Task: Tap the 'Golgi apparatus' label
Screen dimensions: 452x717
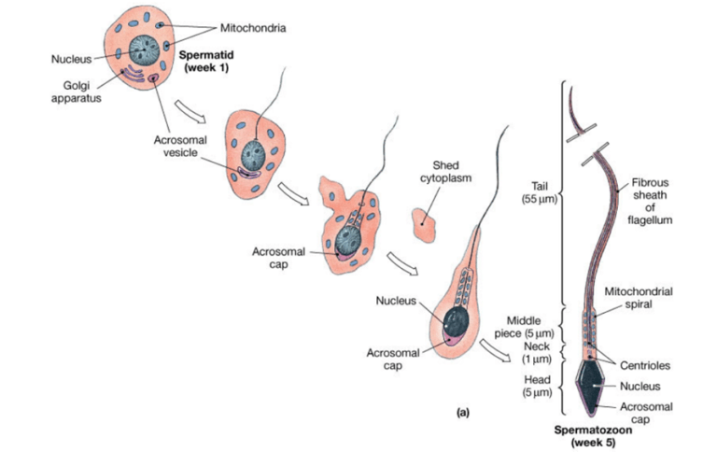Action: click(71, 92)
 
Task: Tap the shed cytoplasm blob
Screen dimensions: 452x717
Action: click(426, 221)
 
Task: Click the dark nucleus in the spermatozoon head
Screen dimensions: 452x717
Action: click(591, 379)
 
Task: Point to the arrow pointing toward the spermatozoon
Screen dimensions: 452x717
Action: click(497, 351)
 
